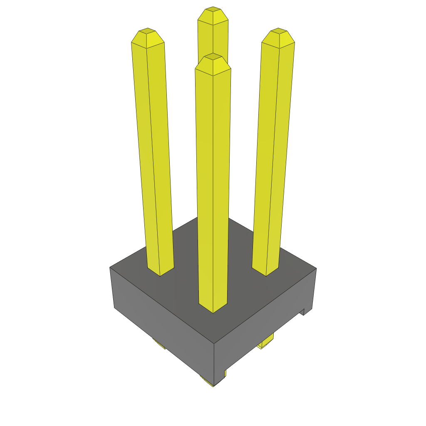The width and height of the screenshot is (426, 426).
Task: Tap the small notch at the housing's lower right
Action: pyautogui.click(x=307, y=311)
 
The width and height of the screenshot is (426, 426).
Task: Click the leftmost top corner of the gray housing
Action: pyautogui.click(x=110, y=267)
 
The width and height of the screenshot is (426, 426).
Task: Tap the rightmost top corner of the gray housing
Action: pyautogui.click(x=316, y=268)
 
